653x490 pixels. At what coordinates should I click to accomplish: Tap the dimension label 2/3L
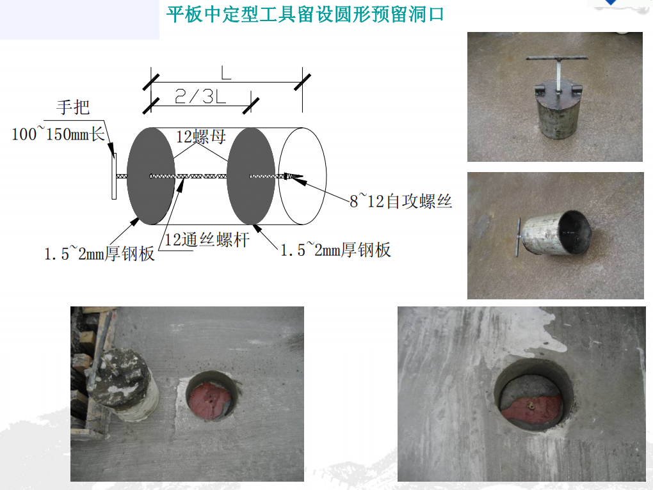point(199,97)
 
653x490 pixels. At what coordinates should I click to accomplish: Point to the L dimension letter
point(225,74)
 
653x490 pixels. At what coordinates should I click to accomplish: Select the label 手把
point(73,107)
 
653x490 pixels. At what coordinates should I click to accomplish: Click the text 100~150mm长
point(58,134)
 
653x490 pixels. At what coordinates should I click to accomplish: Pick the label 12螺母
point(201,136)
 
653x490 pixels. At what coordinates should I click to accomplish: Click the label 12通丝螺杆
point(207,241)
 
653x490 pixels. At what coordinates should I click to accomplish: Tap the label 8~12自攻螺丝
point(401,202)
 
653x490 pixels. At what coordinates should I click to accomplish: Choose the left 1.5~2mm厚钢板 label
point(99,253)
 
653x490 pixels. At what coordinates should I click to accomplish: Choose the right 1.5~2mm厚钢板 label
point(335,249)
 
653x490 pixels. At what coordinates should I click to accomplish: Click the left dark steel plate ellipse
point(150,176)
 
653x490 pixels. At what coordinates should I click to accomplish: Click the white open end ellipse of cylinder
point(303,176)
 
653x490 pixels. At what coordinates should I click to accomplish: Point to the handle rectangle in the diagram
point(114,176)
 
